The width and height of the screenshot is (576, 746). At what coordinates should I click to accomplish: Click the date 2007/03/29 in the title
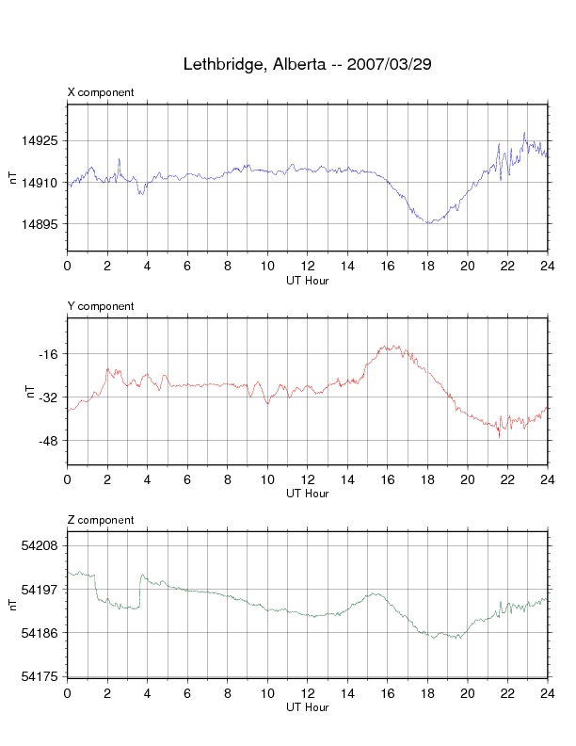click(x=389, y=65)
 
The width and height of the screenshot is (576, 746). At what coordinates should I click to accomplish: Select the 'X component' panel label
click(x=101, y=92)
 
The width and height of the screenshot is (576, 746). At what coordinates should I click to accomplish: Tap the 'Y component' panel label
click(x=101, y=306)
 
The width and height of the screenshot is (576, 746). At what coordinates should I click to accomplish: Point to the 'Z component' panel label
click(x=101, y=520)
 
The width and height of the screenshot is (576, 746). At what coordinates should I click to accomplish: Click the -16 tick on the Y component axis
click(x=50, y=354)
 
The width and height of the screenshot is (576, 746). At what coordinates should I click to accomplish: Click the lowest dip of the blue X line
click(x=428, y=222)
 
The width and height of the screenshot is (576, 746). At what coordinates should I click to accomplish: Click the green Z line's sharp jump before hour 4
click(x=141, y=590)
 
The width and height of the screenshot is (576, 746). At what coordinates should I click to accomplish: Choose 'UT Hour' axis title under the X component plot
click(x=307, y=280)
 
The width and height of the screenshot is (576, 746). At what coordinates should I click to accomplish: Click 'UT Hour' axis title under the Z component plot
click(x=307, y=707)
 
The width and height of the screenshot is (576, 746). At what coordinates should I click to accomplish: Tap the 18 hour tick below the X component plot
click(x=427, y=266)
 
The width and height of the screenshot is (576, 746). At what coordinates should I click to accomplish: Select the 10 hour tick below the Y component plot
click(x=267, y=479)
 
